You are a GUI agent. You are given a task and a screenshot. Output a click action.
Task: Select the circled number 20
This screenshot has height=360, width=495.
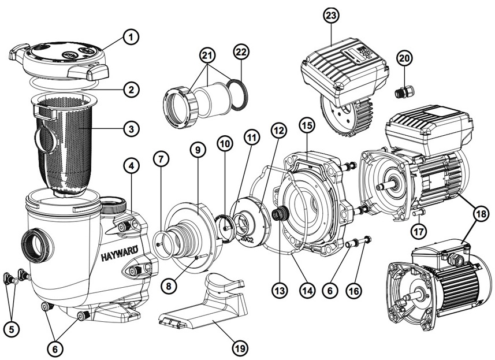click(x=405, y=58)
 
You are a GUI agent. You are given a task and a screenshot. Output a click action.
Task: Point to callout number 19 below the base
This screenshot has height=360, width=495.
click(x=239, y=348)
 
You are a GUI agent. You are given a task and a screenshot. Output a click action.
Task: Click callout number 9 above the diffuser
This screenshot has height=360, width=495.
click(x=198, y=150)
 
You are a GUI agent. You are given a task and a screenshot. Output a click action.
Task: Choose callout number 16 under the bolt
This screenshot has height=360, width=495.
click(x=354, y=291)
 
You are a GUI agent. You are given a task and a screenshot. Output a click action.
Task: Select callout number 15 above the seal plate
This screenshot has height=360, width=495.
click(x=306, y=125)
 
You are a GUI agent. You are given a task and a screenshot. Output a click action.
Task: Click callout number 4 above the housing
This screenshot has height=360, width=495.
click(x=132, y=166)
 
